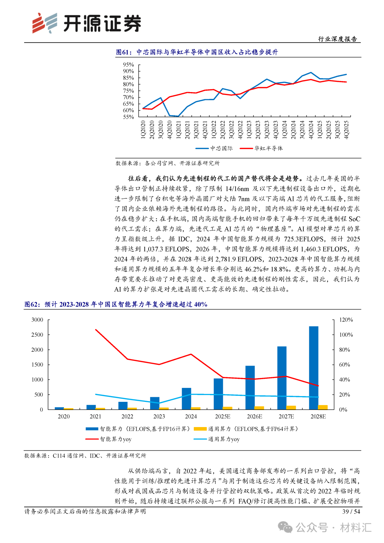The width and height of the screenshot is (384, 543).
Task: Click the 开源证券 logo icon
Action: point(44,23)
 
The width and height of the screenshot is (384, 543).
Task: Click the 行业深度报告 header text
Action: point(337,39)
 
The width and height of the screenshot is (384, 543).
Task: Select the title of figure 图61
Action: point(197,52)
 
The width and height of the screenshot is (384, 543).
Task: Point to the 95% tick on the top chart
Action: point(128,65)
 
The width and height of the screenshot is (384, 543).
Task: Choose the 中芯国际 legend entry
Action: point(214,148)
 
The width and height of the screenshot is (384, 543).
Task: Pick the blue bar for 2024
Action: point(187,398)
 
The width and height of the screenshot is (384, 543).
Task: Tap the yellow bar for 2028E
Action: point(323,407)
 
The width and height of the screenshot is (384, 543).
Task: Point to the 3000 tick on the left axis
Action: point(37,320)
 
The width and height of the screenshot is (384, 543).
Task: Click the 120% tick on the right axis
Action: point(346,320)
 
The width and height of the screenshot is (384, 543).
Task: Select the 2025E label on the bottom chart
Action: point(223,416)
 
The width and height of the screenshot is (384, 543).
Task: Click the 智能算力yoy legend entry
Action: point(109,439)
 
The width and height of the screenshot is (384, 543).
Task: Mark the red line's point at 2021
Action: point(96,330)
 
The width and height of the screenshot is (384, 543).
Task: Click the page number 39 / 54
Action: point(351,511)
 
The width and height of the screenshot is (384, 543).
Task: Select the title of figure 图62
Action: point(116,304)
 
